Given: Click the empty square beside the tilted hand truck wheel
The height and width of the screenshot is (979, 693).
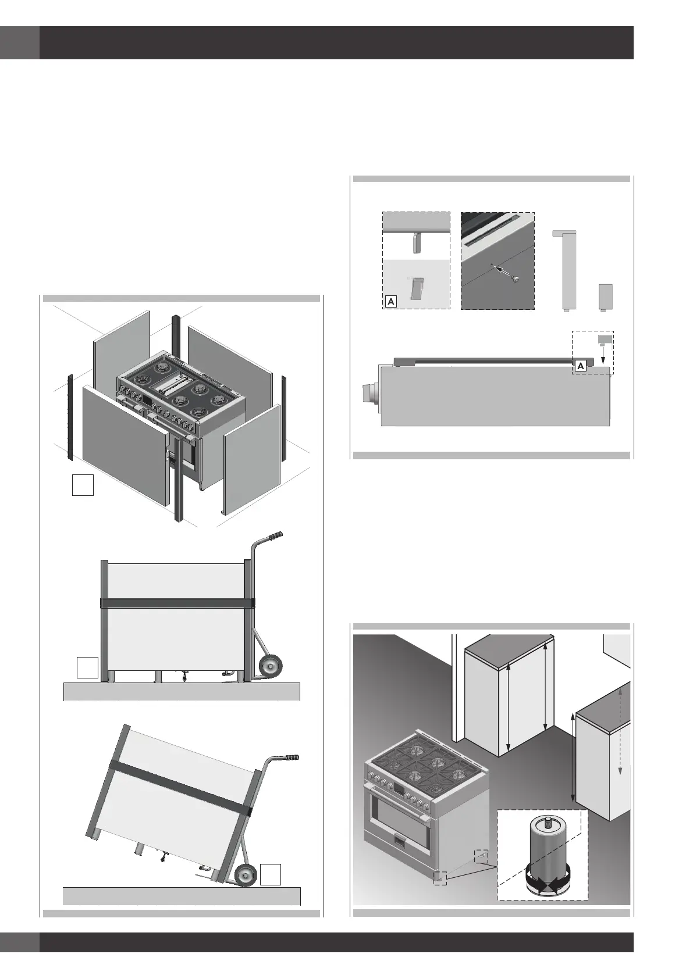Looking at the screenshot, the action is click(271, 875).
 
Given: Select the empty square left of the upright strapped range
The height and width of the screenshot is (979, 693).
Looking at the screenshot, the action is click(87, 667).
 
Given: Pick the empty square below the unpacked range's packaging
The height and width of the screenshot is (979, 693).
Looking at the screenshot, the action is click(83, 485).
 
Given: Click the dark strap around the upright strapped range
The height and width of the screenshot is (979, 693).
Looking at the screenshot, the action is click(177, 603).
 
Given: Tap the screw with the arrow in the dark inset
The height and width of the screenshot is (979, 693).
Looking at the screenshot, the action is click(514, 280).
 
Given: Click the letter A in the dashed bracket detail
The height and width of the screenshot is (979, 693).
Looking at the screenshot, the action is click(391, 301).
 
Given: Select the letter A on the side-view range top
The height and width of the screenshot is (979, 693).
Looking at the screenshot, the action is click(580, 365).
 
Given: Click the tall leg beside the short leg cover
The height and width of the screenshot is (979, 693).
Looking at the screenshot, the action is click(564, 270).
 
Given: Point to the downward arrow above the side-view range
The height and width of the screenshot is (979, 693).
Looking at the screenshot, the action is click(603, 352).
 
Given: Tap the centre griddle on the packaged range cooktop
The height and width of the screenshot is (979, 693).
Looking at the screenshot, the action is click(172, 384).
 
